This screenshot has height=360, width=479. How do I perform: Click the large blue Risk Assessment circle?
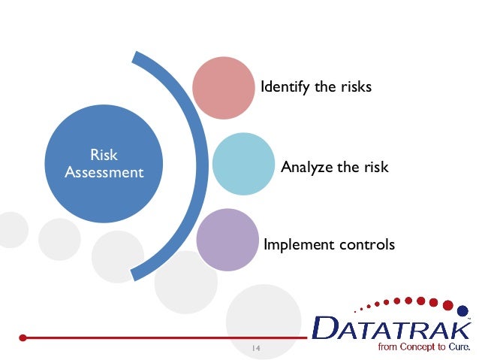point(104,164)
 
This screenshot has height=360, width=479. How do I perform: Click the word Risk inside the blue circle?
point(104,156)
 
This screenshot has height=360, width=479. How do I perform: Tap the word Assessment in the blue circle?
point(104,173)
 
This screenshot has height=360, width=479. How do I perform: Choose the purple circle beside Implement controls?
point(226,240)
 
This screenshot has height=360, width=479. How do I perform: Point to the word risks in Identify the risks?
point(356,87)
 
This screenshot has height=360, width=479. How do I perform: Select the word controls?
point(367,245)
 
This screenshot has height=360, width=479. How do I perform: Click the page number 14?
point(255,348)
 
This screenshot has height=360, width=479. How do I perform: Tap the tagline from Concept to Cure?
point(414,348)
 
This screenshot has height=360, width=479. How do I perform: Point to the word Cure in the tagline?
point(457,348)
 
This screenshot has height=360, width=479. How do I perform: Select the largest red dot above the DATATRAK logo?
point(448,305)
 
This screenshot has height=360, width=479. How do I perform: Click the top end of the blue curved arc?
point(137,57)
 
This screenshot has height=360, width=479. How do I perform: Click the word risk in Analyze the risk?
point(375,167)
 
